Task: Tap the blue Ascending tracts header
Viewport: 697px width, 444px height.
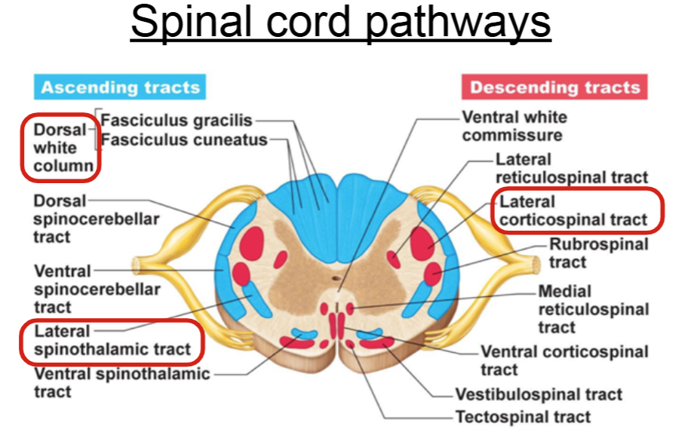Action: [120, 87]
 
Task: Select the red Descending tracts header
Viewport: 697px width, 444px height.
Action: [554, 87]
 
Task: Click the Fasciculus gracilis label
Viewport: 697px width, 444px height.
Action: [177, 120]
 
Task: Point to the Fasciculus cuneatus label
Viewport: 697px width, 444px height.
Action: [184, 139]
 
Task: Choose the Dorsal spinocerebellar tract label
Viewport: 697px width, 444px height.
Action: [97, 219]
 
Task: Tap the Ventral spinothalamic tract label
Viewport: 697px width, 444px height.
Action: [121, 382]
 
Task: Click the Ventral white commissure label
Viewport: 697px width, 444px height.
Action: [514, 127]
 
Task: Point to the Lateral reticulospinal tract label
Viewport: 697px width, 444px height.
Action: [571, 168]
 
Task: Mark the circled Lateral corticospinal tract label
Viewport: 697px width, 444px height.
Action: [573, 210]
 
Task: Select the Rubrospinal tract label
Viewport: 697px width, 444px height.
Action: [598, 253]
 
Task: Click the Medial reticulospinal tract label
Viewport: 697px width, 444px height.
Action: [593, 309]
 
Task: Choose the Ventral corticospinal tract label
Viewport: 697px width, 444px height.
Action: [564, 360]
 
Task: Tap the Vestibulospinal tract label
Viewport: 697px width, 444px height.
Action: [539, 394]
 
